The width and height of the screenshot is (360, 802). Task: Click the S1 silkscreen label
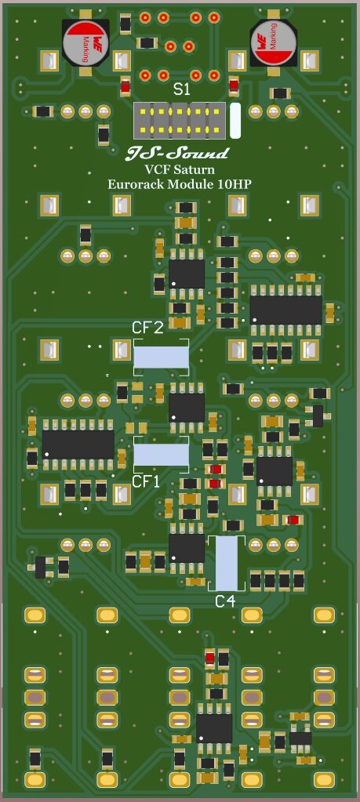[181, 90]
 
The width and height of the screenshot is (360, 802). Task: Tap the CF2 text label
[147, 328]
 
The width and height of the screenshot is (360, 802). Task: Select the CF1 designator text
[146, 481]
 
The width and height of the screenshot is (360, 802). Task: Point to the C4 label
[225, 601]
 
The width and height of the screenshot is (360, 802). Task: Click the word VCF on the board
[158, 169]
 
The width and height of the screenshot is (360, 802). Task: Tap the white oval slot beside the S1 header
[235, 121]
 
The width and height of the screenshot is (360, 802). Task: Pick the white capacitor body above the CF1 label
[161, 455]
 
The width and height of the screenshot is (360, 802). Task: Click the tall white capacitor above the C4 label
[226, 563]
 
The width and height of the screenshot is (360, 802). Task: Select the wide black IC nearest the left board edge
[78, 444]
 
